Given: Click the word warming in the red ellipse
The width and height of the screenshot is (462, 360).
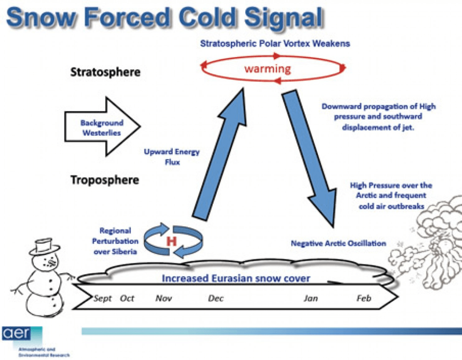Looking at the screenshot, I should (x=267, y=69).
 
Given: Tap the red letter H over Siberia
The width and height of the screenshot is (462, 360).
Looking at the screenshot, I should (x=171, y=240).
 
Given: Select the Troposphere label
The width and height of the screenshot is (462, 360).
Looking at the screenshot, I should (x=104, y=180).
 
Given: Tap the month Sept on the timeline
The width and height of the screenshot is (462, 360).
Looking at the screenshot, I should (x=103, y=299).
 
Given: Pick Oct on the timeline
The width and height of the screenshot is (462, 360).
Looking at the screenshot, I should (x=127, y=299).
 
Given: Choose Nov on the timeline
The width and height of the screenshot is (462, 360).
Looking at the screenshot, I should (x=164, y=299).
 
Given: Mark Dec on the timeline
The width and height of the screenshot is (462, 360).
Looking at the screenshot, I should (x=216, y=299).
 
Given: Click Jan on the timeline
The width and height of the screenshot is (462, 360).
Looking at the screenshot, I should (x=310, y=299).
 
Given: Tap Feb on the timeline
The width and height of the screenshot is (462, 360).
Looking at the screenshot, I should (x=364, y=299).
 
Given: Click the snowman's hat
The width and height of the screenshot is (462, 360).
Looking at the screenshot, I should (x=42, y=247).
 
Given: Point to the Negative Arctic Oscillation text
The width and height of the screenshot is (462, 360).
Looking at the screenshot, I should (x=338, y=243).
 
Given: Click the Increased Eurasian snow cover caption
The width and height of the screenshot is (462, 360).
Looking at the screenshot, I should (x=236, y=278).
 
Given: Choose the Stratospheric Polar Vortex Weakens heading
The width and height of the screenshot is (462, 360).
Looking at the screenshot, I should (x=275, y=43).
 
